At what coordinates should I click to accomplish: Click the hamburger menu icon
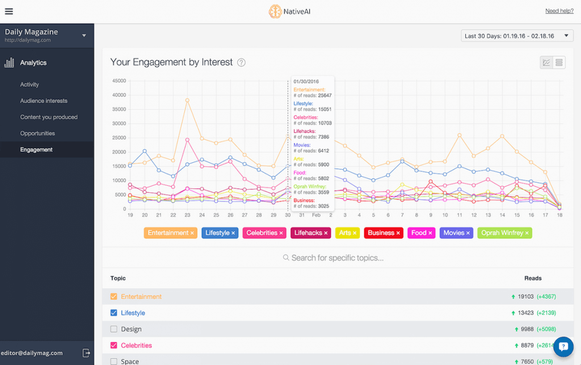tap(9, 11)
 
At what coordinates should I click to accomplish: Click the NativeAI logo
tap(290, 11)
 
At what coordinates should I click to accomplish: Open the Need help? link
tap(559, 11)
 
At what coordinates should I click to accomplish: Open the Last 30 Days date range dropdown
tap(517, 36)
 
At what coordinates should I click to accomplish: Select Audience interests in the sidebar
tap(44, 101)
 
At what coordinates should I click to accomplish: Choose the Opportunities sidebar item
tap(37, 133)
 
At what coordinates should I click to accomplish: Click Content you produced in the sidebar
tap(49, 117)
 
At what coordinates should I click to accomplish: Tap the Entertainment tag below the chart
tap(171, 233)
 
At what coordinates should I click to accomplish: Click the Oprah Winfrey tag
tap(504, 233)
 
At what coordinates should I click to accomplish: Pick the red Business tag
tap(383, 233)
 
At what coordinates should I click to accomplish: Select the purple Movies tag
tap(456, 233)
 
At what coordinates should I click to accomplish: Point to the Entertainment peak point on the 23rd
tap(187, 100)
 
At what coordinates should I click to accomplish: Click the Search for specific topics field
tap(337, 258)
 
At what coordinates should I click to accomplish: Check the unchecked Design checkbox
tap(113, 329)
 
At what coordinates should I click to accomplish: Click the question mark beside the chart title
tap(241, 62)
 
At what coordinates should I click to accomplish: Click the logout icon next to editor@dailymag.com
tap(86, 353)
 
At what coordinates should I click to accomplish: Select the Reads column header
tap(533, 278)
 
